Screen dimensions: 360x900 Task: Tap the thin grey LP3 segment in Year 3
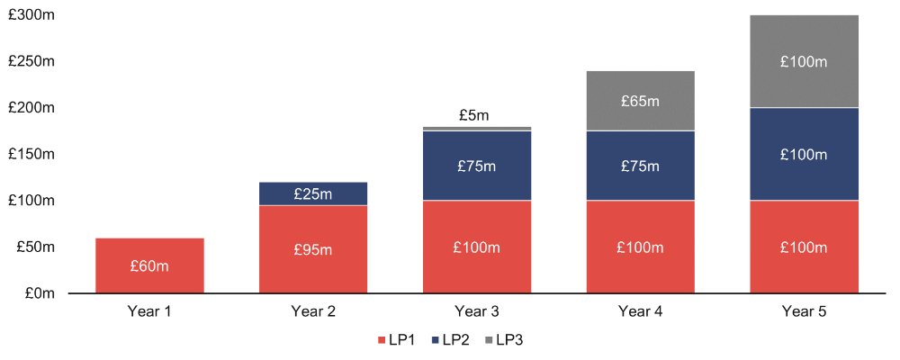tap(477, 129)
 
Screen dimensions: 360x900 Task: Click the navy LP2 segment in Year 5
tap(804, 155)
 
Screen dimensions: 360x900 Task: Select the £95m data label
tap(313, 249)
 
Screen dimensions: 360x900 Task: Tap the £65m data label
tap(640, 101)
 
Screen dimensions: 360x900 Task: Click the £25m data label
tap(313, 193)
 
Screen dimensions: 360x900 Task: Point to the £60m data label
tap(149, 265)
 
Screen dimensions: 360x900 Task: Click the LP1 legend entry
tap(395, 340)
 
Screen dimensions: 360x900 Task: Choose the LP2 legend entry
tap(450, 340)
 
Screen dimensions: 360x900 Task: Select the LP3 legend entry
tap(505, 340)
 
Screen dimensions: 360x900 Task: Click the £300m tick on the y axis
tap(32, 15)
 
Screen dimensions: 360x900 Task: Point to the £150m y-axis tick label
tap(32, 154)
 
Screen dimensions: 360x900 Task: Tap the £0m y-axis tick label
tap(40, 293)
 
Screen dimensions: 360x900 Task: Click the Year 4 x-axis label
tap(640, 312)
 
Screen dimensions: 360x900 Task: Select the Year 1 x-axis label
tap(149, 312)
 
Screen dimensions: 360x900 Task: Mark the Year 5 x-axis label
tap(804, 312)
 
